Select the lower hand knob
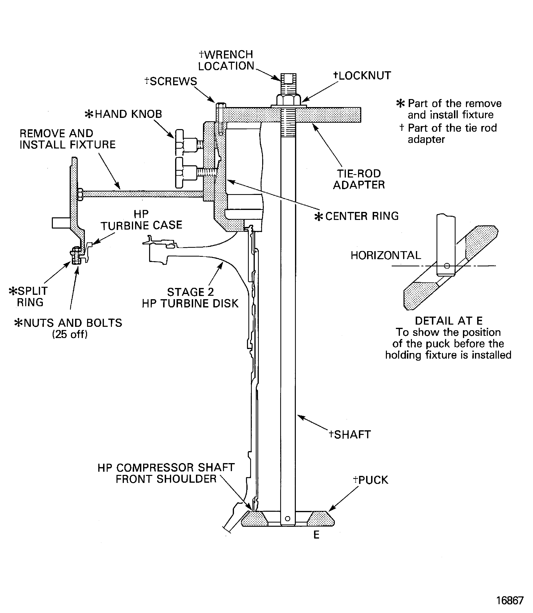pos(180,173)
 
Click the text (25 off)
pos(70,334)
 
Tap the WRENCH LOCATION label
pos(226,60)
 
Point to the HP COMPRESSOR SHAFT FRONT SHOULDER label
pos(166,473)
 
